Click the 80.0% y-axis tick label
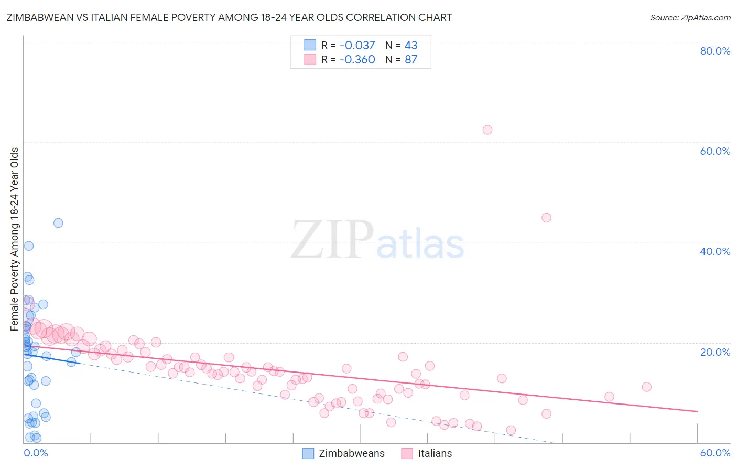(x=715, y=51)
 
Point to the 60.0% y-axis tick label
(x=715, y=151)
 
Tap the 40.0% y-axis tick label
(x=715, y=251)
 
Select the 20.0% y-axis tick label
(x=715, y=352)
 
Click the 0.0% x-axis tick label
(x=36, y=453)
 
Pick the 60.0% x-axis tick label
(x=715, y=453)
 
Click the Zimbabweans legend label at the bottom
(x=352, y=453)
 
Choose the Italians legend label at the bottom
(x=435, y=453)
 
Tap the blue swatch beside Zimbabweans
(x=308, y=453)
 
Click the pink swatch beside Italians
(x=407, y=453)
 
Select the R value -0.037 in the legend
(x=357, y=45)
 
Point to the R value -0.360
(x=357, y=59)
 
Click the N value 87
(x=411, y=59)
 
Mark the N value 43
(x=411, y=45)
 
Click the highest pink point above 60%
(x=487, y=130)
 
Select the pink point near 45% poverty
(x=546, y=218)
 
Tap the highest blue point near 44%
(x=58, y=223)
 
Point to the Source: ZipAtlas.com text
(x=690, y=17)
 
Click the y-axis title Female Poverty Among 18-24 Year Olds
(x=15, y=239)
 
